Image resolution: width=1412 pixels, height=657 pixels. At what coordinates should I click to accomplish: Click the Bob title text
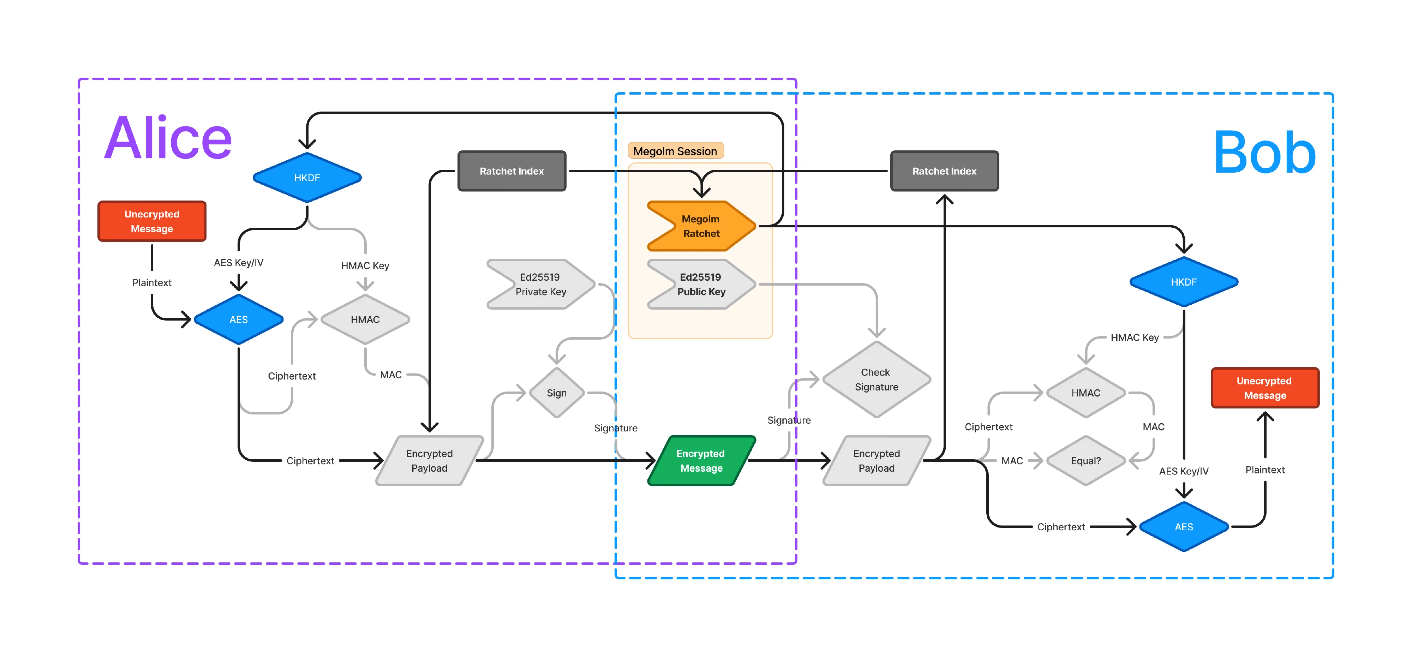tap(1264, 153)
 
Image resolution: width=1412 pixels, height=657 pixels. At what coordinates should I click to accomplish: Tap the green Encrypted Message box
tap(701, 461)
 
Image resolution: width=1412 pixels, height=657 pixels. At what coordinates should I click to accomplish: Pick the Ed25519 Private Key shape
tap(540, 284)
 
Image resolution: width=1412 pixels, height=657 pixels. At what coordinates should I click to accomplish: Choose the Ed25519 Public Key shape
tap(701, 284)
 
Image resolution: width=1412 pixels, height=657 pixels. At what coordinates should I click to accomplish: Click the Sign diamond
tap(556, 393)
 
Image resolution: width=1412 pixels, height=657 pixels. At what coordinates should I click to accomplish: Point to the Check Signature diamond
tap(876, 380)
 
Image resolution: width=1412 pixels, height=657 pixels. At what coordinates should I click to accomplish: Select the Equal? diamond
tap(1085, 461)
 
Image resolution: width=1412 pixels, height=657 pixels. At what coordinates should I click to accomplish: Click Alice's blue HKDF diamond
tap(307, 178)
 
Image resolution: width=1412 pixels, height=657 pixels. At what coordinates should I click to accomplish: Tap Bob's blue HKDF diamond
tap(1183, 282)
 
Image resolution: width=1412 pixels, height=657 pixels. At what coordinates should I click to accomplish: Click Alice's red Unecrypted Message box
tap(152, 221)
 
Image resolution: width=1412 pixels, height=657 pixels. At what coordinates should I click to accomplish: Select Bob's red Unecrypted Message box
tap(1264, 388)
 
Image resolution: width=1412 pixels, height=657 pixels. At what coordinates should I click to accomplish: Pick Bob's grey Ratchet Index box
tap(944, 171)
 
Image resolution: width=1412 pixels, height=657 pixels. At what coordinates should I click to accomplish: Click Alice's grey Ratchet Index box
tap(511, 171)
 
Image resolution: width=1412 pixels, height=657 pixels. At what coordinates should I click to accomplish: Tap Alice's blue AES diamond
tap(238, 319)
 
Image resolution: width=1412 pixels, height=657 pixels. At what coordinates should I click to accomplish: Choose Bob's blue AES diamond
tap(1183, 526)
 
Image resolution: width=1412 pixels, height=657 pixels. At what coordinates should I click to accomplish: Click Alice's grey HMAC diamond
tap(365, 319)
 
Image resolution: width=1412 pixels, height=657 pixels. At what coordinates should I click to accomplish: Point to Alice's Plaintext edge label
tap(152, 282)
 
